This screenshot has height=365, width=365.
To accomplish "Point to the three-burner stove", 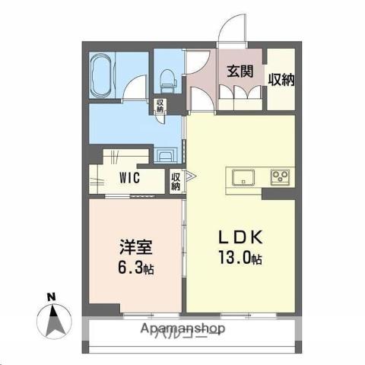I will pos(279,179).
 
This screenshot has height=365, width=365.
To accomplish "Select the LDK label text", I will pos(240,235).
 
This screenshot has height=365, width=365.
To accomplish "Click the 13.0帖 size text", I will pos(240,259).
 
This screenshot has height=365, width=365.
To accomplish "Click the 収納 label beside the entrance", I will pos(280,79).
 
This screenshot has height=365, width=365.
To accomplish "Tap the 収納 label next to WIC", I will pos(176,182).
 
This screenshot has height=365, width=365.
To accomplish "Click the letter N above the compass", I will pos(50,296).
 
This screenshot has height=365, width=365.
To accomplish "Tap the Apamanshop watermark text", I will pos(182,328).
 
